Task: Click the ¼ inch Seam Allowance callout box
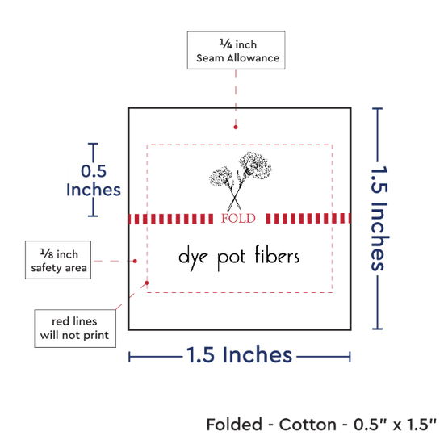coord(236,50)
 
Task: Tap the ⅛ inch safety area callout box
coord(58,260)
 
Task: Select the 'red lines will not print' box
coord(75,329)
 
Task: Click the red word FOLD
coord(238,219)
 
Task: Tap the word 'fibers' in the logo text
coord(277,255)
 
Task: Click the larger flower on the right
coord(255,165)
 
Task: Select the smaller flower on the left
coord(221,176)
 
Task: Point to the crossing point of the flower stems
coord(234,196)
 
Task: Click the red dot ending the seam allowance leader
coord(236,127)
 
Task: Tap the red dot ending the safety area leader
coord(135,261)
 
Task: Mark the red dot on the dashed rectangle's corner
coord(147,283)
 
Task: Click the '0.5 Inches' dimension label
coord(94,180)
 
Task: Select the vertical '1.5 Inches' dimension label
coord(379,218)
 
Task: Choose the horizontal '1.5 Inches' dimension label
coord(239,355)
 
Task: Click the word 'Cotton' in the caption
coord(308,425)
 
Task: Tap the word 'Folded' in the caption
coord(234,425)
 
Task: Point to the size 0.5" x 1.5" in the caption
coord(395,425)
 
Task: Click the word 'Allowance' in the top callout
coord(253,58)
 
